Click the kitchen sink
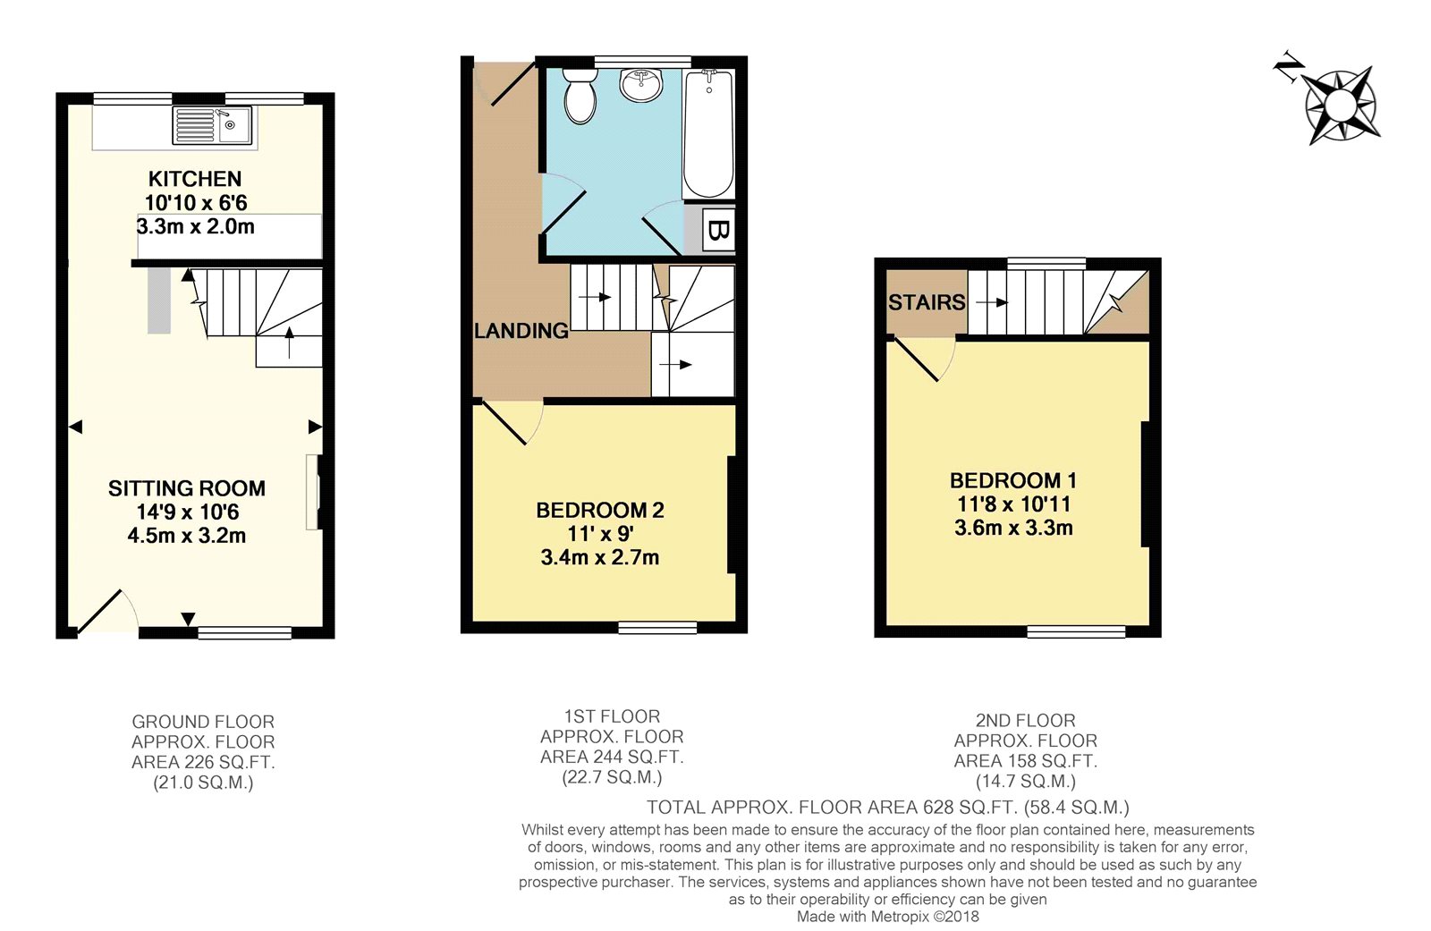214,126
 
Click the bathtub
708,134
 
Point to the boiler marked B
717,231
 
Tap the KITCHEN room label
195,179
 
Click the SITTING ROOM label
187,488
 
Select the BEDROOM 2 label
600,511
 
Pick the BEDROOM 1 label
1013,480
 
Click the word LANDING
521,331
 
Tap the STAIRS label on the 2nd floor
927,302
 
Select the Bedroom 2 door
505,422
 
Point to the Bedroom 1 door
919,360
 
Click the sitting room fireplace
313,492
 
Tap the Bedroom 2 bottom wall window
657,628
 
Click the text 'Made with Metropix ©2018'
887,917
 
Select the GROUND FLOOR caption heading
203,722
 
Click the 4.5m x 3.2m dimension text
187,536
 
